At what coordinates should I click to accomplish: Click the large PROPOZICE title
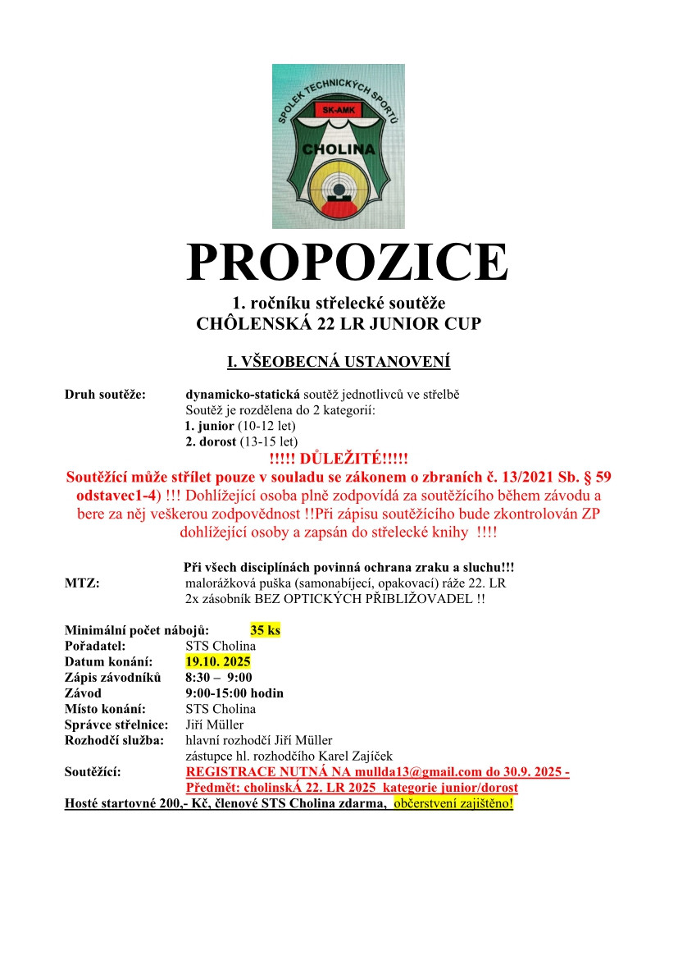(x=347, y=262)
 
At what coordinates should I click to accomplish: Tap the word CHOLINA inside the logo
(x=339, y=150)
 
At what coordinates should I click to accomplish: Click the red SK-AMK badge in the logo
(x=338, y=109)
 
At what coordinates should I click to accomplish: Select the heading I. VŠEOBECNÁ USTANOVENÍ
(x=339, y=362)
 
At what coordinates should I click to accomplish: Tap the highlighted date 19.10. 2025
(x=218, y=661)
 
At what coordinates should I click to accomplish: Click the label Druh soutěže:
(x=105, y=395)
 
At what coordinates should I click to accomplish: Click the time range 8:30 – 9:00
(x=219, y=677)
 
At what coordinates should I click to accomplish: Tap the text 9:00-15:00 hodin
(x=234, y=693)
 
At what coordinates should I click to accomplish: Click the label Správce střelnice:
(x=116, y=725)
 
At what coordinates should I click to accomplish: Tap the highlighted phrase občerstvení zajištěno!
(x=453, y=802)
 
